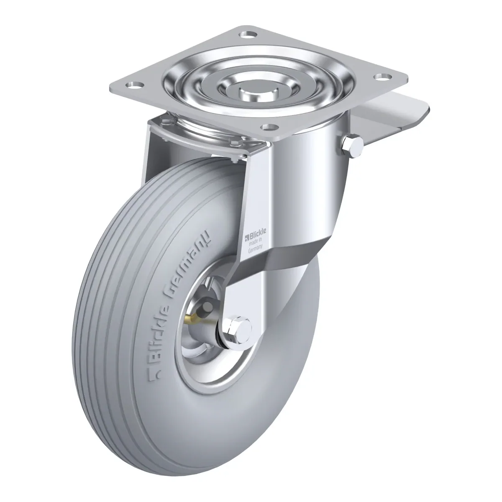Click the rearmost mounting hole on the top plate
click(248, 34)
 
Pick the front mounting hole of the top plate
click(269, 128)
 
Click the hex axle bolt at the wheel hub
click(238, 330)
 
